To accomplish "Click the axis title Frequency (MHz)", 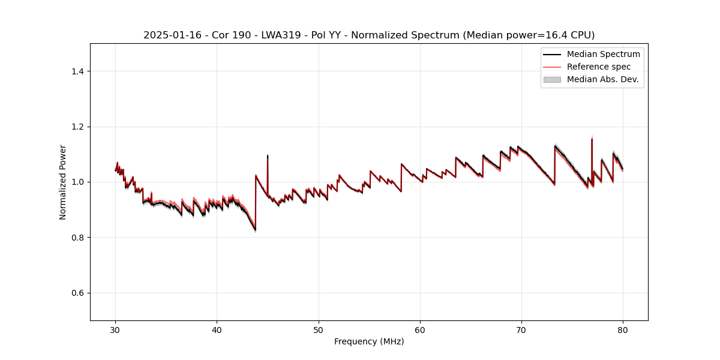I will [x=369, y=341].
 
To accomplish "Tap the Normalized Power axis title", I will [x=62, y=182].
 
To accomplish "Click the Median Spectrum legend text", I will [x=603, y=54].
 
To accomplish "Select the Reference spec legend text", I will [x=598, y=67].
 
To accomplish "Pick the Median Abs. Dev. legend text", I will [x=602, y=79].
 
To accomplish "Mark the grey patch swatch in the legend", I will [x=552, y=79].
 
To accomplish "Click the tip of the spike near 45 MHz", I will [x=268, y=155].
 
